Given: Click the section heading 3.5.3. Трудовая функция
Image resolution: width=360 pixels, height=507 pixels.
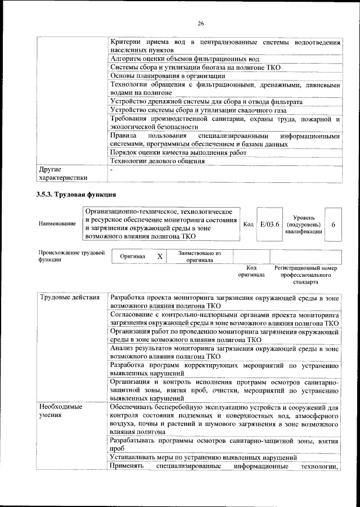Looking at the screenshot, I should coord(76,195).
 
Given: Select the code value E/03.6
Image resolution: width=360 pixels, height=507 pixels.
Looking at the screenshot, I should coord(266,224).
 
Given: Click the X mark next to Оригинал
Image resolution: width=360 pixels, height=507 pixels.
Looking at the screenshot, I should coord(160,256).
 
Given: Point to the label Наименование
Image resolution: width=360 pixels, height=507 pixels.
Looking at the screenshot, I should coord(57,224).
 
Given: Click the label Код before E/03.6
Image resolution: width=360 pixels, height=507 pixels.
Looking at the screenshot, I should coord(248,224).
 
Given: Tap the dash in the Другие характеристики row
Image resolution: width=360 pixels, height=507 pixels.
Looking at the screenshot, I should coord(111,169).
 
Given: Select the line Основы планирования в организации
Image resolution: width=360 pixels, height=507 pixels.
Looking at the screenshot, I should coord(168,75).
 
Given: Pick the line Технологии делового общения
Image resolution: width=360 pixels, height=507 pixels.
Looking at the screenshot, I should coord(157,161).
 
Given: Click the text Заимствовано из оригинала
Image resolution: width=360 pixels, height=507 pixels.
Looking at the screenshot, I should coord(200,257).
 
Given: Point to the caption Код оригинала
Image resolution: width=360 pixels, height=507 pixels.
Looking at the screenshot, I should coord(251,272).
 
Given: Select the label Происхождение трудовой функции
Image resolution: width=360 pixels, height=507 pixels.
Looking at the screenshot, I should coord(72,257).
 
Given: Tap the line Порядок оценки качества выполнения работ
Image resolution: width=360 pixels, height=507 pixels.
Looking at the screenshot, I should coord(178,152).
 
